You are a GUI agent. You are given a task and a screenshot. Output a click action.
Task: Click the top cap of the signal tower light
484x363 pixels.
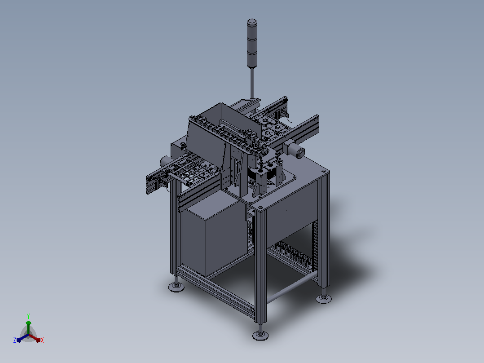tap(252, 22)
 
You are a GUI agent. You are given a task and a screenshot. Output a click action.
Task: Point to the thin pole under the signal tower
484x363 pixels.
tap(252, 83)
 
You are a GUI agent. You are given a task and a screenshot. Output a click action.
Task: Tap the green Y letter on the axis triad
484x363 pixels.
tap(28, 316)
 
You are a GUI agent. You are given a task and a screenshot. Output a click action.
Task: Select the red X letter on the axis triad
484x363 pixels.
tap(42, 340)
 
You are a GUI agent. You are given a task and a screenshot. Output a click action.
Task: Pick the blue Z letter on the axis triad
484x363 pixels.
tap(15, 340)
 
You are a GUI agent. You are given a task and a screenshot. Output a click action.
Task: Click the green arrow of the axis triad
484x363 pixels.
tap(28, 327)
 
